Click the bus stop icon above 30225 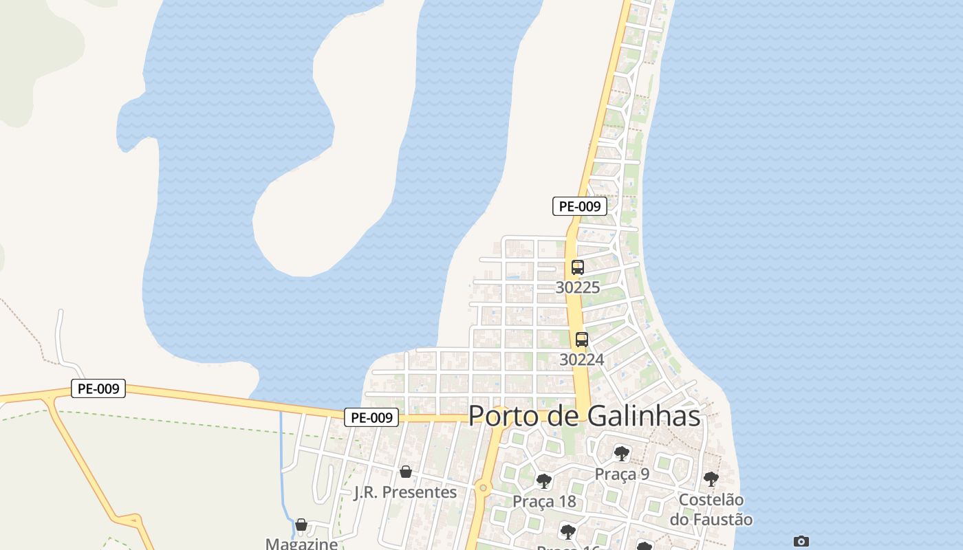point(578,267)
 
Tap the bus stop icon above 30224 point(582,339)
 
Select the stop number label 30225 point(578,287)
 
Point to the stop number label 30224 point(582,360)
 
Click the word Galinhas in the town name point(643,416)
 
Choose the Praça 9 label point(622,474)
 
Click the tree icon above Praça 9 point(622,454)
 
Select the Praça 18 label point(544,501)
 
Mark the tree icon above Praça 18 point(544,481)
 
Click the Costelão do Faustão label point(711,509)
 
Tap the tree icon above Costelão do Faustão point(711,479)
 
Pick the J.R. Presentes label point(405,492)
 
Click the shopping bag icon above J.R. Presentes point(406,472)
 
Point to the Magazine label point(302,544)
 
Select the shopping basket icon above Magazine point(301,525)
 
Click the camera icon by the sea point(801,541)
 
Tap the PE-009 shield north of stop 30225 point(580,206)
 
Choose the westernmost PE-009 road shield point(98,388)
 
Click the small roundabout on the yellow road point(484,488)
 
